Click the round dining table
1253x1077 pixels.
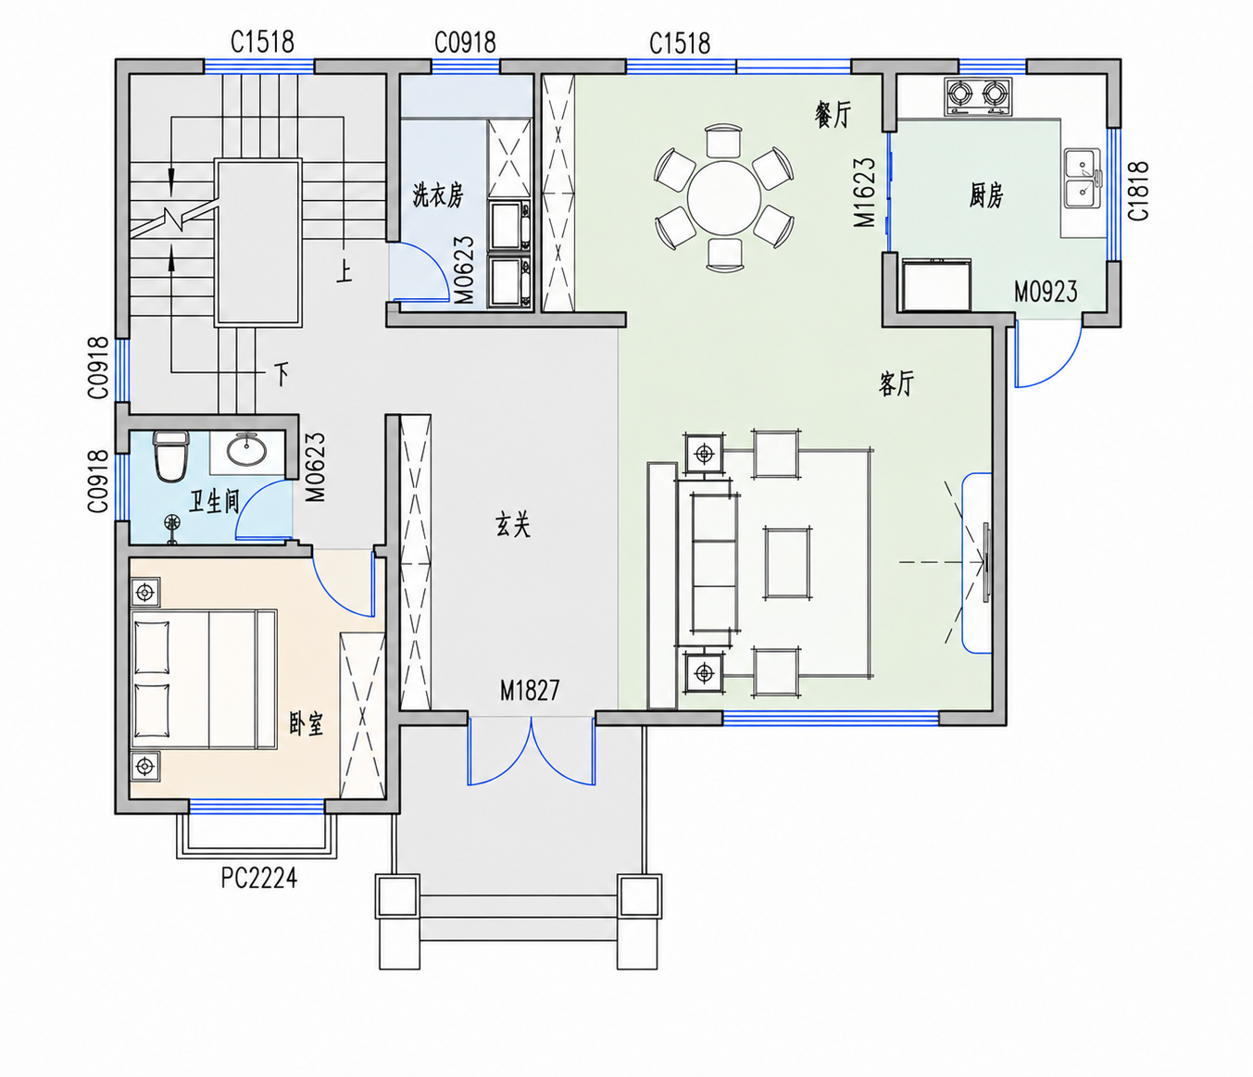[724, 197]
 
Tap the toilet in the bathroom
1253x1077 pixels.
[171, 456]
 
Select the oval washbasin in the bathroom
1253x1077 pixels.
[246, 450]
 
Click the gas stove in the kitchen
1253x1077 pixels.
[978, 95]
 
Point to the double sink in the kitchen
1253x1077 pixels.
[1083, 178]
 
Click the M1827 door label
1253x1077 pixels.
[529, 690]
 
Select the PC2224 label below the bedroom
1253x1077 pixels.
[259, 878]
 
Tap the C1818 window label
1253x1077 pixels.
[1138, 191]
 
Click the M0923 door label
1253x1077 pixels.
[1046, 292]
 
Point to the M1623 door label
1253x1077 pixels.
[864, 192]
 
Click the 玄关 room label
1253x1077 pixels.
[513, 523]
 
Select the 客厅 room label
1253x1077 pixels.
[896, 383]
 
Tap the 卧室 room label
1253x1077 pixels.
[307, 723]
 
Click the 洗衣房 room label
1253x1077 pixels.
[438, 195]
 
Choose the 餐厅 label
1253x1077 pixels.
[833, 114]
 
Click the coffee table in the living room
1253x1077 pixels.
[788, 563]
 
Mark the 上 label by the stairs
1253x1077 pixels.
[344, 271]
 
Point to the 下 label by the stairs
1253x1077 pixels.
[281, 374]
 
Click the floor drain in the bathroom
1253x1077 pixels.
[173, 522]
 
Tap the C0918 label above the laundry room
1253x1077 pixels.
[465, 43]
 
